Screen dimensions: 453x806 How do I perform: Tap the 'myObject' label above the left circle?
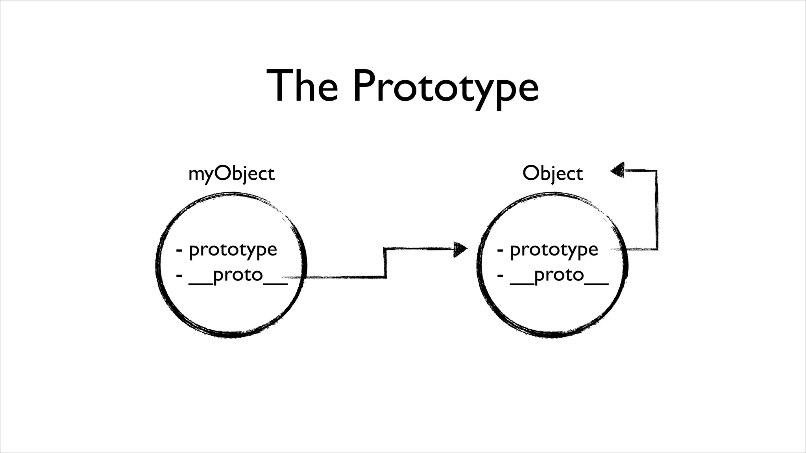coord(231,174)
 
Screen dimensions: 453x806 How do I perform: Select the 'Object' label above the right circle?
coord(553,174)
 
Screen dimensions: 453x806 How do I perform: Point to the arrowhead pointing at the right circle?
coord(460,249)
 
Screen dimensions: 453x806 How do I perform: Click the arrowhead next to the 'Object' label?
coord(617,170)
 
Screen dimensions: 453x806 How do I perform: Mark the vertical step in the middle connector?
coord(385,263)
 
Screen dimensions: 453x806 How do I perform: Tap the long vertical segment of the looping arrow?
coord(656,210)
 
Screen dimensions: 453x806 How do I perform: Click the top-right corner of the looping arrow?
coord(656,171)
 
